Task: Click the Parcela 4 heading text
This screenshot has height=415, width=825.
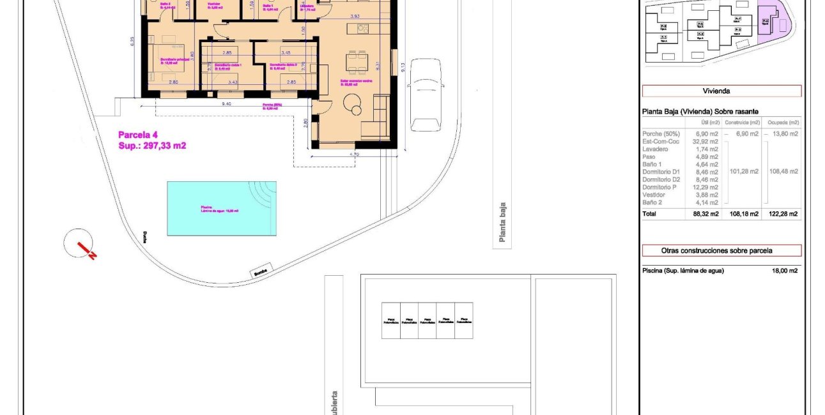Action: tap(137, 135)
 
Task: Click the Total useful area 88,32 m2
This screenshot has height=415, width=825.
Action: tap(705, 214)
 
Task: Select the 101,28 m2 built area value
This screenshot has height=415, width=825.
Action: tap(744, 171)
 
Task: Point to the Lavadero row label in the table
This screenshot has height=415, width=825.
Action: tap(656, 149)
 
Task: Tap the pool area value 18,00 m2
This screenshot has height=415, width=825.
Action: tap(784, 271)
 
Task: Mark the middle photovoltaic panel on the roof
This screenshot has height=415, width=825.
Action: tap(428, 320)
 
